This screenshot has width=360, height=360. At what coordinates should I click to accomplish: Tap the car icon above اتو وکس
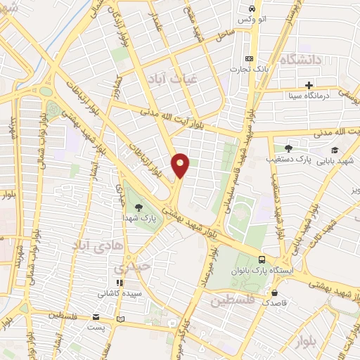click(251, 8)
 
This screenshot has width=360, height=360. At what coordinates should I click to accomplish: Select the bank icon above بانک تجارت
click(248, 59)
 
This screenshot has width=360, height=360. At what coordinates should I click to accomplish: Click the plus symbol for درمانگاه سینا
click(309, 84)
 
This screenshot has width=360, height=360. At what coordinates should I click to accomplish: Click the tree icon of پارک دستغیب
click(288, 148)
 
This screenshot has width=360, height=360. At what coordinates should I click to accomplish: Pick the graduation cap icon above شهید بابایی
click(334, 149)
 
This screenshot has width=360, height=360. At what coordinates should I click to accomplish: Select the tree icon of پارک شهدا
click(138, 207)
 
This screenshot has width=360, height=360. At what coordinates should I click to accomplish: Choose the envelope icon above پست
click(96, 317)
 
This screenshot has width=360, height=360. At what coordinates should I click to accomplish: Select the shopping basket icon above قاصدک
click(274, 293)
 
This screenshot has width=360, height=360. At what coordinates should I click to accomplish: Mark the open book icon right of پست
click(120, 319)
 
